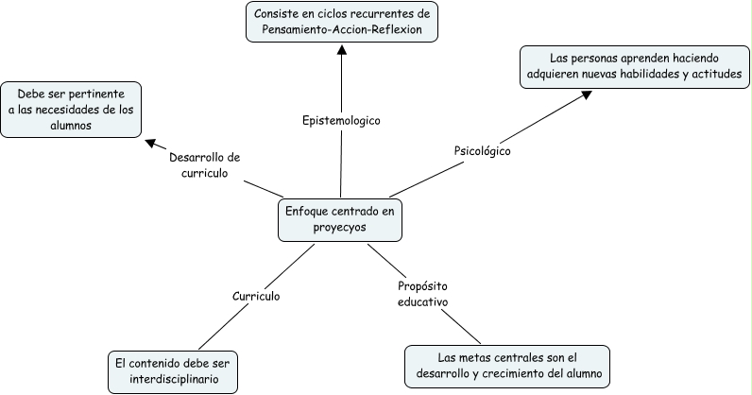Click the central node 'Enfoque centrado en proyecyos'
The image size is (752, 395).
(340, 219)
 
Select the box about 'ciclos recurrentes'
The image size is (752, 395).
(342, 22)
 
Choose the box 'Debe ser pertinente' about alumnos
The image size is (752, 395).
(71, 111)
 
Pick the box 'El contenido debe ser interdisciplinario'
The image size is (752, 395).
(172, 370)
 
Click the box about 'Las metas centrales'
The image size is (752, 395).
(506, 366)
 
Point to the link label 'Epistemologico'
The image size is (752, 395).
(340, 121)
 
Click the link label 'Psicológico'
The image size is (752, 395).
(483, 149)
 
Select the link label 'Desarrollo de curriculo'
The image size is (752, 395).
(206, 165)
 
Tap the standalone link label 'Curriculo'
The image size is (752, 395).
(256, 296)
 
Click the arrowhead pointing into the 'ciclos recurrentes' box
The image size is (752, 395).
(342, 49)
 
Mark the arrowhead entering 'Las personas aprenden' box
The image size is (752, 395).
(587, 94)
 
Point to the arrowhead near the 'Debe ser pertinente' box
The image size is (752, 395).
(149, 143)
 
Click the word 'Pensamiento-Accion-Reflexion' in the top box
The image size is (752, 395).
(342, 30)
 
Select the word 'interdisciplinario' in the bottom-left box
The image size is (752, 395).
(172, 379)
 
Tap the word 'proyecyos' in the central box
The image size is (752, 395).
(340, 228)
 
